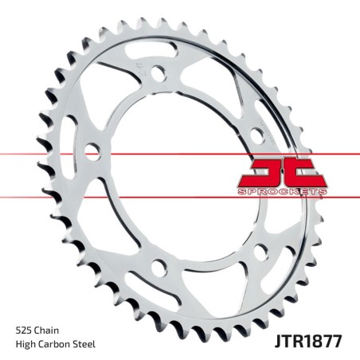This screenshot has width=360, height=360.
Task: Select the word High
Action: click(x=27, y=344)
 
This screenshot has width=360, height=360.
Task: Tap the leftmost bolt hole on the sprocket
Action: click(x=93, y=149)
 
